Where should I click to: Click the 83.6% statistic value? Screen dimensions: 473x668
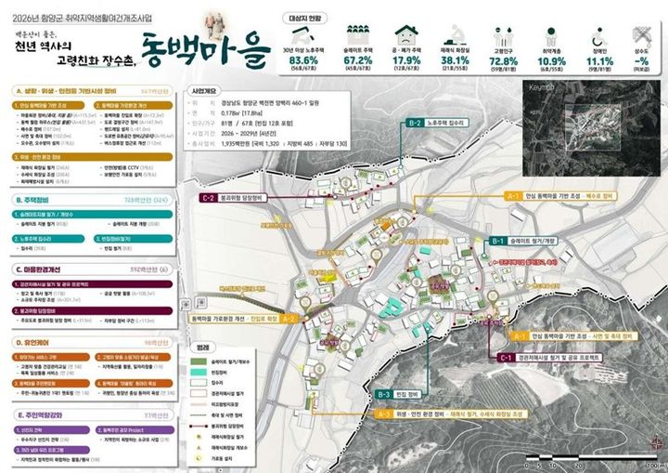(305, 59)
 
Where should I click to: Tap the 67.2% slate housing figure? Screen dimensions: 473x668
(359, 59)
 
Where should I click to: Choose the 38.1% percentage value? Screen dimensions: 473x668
(456, 59)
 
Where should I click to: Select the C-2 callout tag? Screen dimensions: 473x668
(210, 198)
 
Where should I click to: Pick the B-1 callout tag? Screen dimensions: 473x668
(497, 241)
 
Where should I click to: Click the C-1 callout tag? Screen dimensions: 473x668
(506, 357)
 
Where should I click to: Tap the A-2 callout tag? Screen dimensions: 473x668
(289, 319)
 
